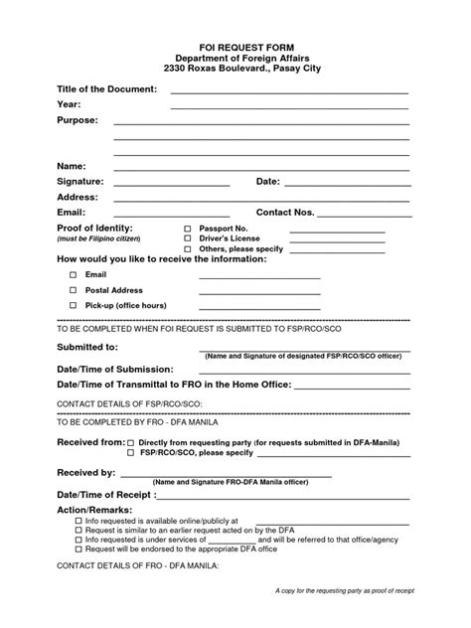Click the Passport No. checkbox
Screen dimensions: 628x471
pos(187,229)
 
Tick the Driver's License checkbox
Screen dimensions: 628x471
pos(187,239)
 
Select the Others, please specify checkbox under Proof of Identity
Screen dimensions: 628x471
pos(187,250)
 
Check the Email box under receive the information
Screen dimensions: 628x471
pos(73,273)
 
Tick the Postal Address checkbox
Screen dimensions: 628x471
pos(73,289)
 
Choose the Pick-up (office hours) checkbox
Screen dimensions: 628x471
pos(73,305)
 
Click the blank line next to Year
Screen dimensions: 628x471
pos(288,105)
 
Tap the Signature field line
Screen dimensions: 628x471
pos(171,184)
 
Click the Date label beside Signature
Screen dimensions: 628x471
pos(268,182)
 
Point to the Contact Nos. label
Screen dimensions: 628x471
pos(285,213)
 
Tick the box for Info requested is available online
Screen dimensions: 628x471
pos(79,521)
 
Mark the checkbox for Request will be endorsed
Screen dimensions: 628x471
pos(79,548)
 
